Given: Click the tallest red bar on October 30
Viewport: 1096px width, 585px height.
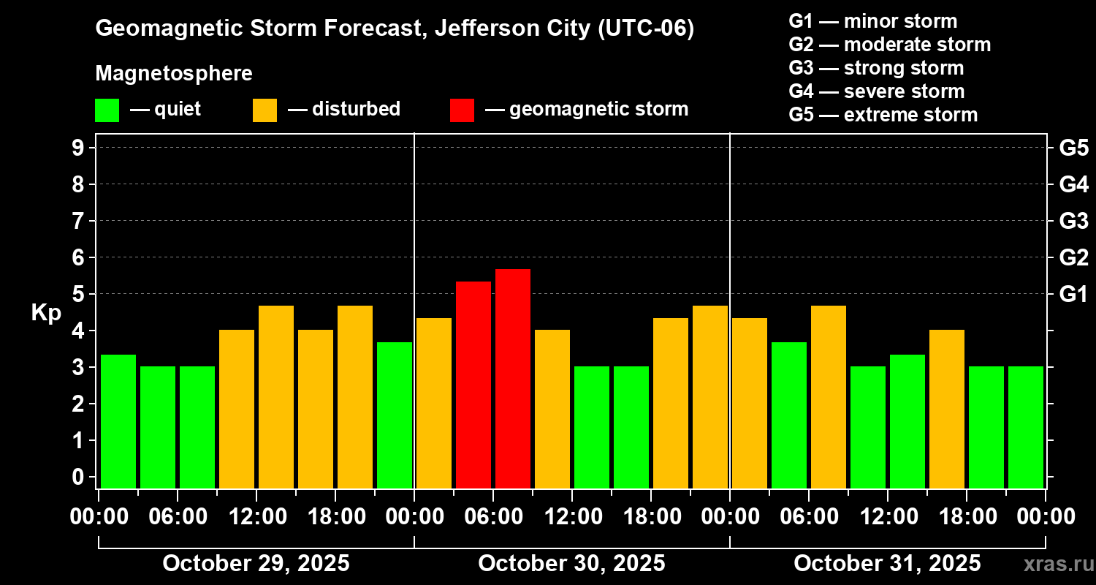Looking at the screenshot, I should (x=513, y=378).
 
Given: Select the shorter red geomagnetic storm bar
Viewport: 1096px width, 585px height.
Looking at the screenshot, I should (x=473, y=384).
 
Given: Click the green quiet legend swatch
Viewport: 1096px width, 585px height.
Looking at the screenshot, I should (x=107, y=110).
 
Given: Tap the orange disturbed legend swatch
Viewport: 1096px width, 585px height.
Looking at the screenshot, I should (x=265, y=110).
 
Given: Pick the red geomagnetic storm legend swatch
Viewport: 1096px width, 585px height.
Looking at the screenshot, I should (x=462, y=110).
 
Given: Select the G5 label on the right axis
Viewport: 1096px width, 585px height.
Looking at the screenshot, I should (x=1073, y=148).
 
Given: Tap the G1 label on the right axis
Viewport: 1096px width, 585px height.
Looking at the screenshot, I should (x=1073, y=294).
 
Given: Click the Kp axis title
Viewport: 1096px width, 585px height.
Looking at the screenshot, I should (x=46, y=313).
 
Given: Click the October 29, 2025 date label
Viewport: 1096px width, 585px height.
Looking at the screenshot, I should (x=256, y=564).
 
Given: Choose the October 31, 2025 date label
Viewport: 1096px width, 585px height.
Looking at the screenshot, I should (x=887, y=564).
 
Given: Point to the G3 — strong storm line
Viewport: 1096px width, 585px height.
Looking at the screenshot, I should (x=876, y=68).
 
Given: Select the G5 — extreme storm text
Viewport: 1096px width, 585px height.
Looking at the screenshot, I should (x=883, y=115).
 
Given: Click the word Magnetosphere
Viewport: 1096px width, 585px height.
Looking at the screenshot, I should (x=174, y=74).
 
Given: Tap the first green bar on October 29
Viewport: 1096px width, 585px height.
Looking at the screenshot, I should (x=118, y=420).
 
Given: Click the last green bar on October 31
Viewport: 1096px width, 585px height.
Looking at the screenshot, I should (x=1026, y=427).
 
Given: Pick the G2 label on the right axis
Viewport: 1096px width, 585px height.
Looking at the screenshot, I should (x=1073, y=257).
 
